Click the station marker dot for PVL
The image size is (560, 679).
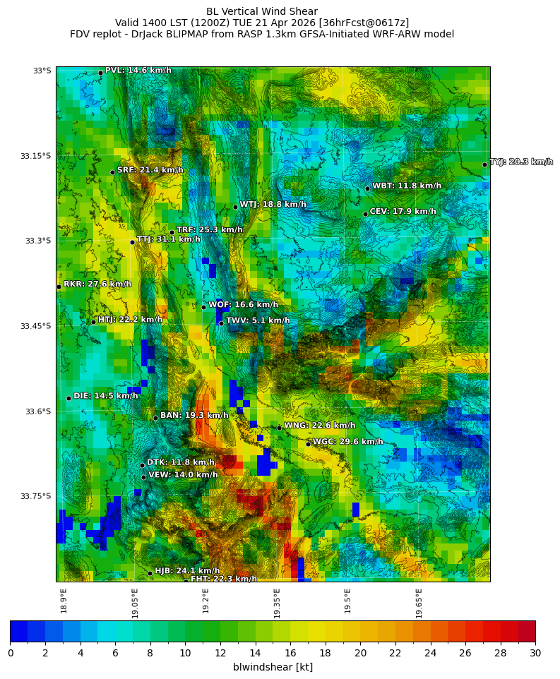pyautogui.click(x=100, y=73)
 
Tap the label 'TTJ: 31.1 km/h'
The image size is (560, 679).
pyautogui.click(x=169, y=239)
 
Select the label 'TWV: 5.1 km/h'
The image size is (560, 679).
pyautogui.click(x=258, y=320)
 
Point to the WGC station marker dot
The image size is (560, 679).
pyautogui.click(x=308, y=444)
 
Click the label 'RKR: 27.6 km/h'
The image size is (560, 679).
pyautogui.click(x=97, y=284)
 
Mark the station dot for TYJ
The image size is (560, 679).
pyautogui.click(x=484, y=164)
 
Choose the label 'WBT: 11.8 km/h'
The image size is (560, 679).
pyautogui.click(x=407, y=186)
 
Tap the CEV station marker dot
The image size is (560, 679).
pyautogui.click(x=365, y=214)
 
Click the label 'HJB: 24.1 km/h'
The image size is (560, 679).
pyautogui.click(x=187, y=570)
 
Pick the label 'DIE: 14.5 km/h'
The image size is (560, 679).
pyautogui.click(x=106, y=396)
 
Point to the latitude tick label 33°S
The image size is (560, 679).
pyautogui.click(x=42, y=71)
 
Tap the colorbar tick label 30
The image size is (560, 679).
pyautogui.click(x=535, y=653)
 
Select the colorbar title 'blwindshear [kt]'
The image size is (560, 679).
pyautogui.click(x=273, y=667)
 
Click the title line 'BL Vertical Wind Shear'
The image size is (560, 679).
pyautogui.click(x=262, y=11)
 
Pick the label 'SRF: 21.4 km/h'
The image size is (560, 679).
pyautogui.click(x=150, y=170)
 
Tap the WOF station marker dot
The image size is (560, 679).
pyautogui.click(x=203, y=307)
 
